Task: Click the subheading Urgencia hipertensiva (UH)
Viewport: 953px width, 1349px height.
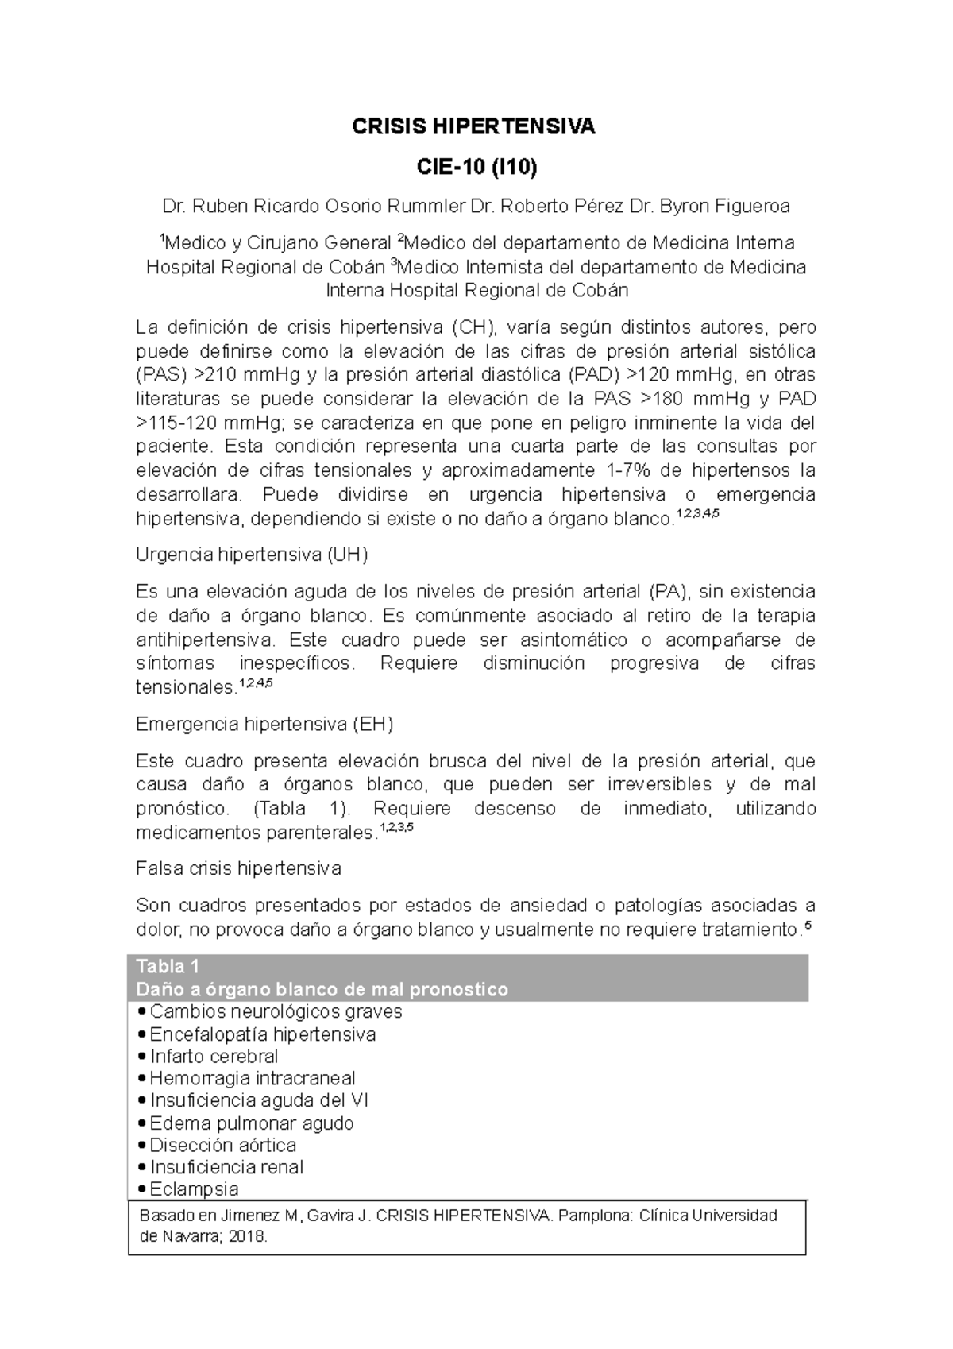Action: click(x=252, y=555)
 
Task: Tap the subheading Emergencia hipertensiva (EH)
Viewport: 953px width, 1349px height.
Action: click(x=264, y=725)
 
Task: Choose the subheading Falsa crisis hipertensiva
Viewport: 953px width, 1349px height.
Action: click(x=238, y=868)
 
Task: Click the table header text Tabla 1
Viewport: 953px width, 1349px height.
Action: click(x=168, y=967)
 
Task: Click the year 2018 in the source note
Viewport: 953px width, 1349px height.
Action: click(x=252, y=1238)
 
